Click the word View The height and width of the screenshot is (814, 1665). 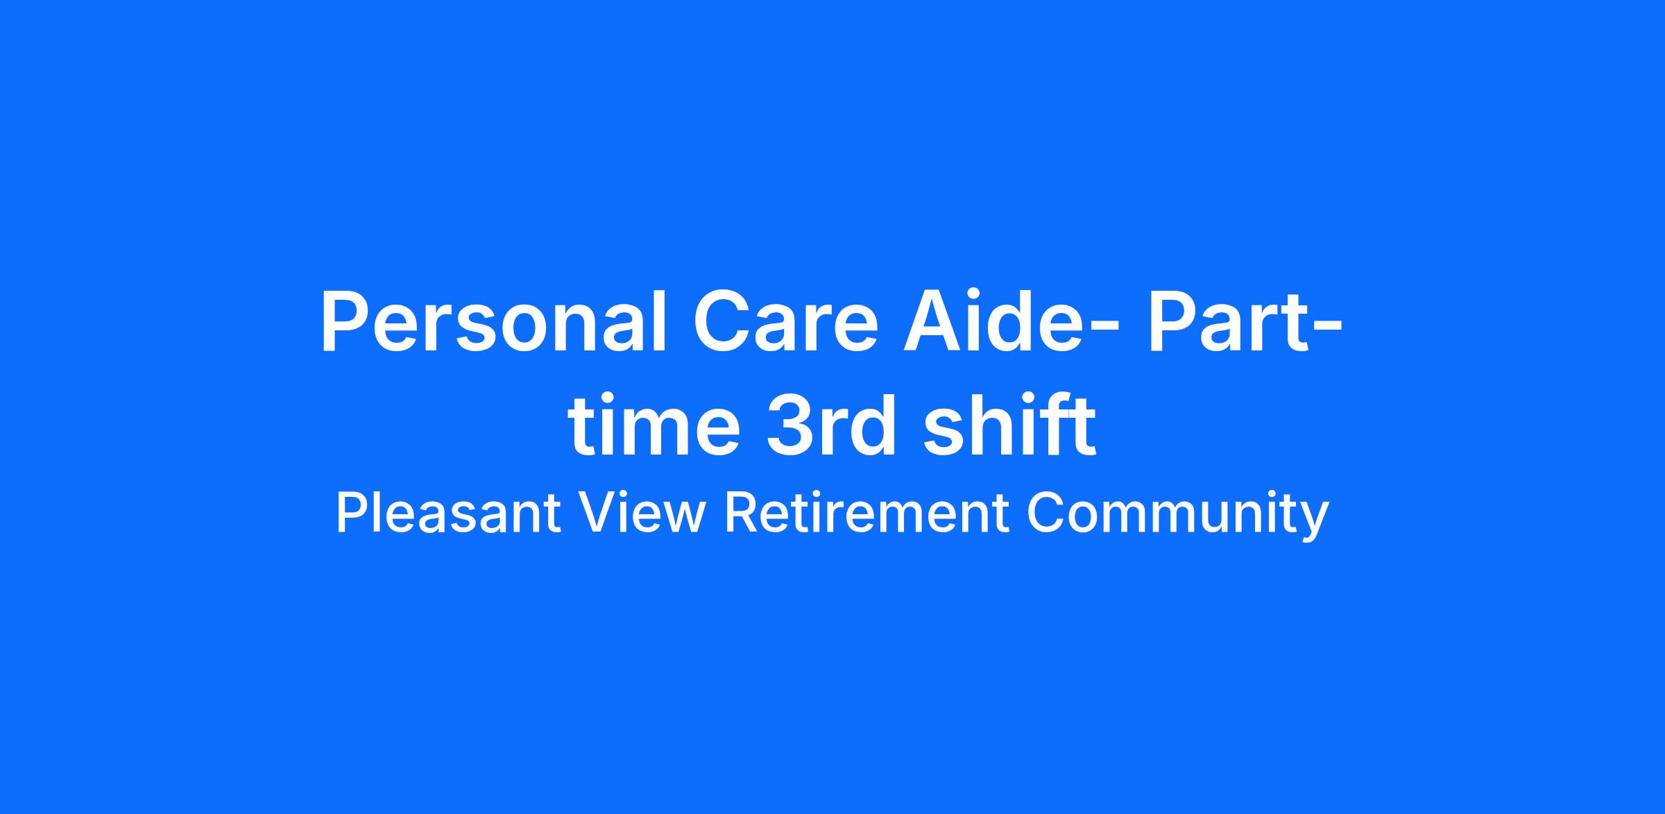point(643,514)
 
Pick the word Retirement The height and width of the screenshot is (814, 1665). point(866,514)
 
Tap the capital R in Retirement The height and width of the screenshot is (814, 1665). point(741,514)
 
